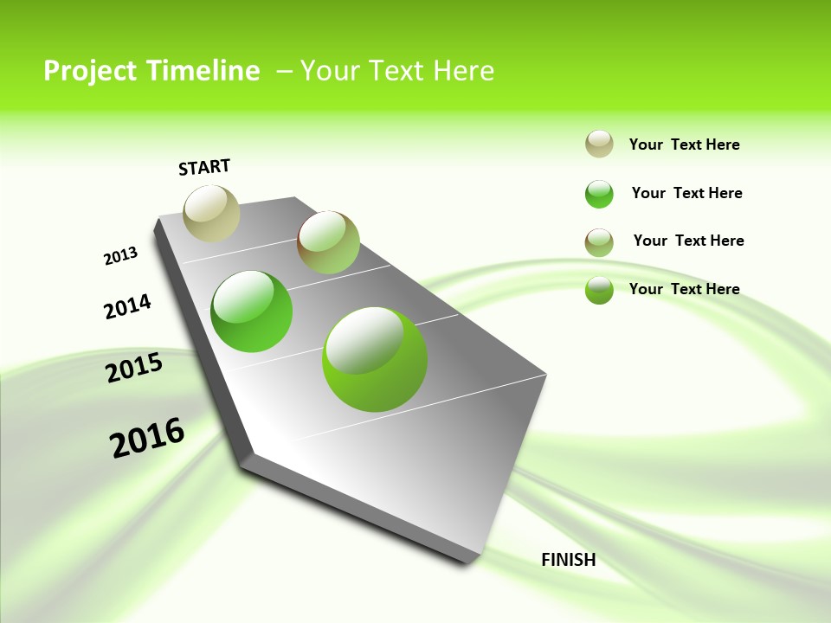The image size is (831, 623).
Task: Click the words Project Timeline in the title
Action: (x=151, y=71)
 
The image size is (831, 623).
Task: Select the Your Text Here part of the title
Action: (x=397, y=71)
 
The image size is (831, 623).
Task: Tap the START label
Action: (x=204, y=167)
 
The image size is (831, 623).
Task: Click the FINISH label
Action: (x=569, y=560)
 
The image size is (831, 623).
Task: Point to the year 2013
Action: (x=120, y=256)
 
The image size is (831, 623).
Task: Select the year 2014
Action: (x=127, y=307)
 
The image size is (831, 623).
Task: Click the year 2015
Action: (x=134, y=369)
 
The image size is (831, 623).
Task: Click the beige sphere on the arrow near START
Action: (x=211, y=213)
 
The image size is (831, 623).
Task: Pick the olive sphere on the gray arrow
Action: (x=328, y=242)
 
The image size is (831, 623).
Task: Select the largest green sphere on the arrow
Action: (x=375, y=359)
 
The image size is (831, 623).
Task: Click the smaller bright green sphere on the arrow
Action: (x=252, y=311)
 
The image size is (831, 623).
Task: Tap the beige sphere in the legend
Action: (x=599, y=145)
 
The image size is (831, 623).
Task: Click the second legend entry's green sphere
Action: (x=599, y=194)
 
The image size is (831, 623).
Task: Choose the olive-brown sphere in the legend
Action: (x=599, y=242)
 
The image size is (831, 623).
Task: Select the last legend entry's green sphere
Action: (x=599, y=290)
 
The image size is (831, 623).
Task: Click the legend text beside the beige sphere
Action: (x=684, y=145)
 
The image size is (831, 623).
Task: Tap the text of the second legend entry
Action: (x=686, y=193)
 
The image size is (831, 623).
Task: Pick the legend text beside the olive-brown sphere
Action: (x=688, y=241)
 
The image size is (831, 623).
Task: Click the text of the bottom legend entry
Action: (x=684, y=289)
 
